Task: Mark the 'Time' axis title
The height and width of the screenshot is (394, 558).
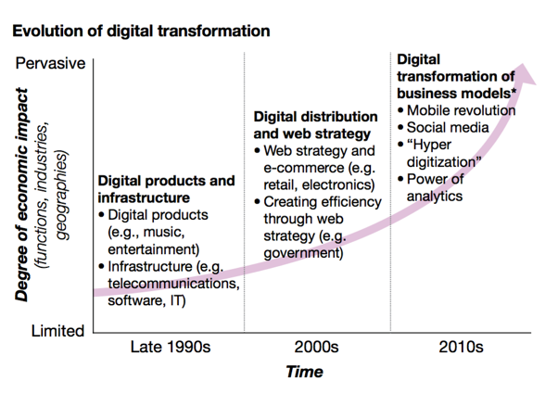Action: (305, 372)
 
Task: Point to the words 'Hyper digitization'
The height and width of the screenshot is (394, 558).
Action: (445, 152)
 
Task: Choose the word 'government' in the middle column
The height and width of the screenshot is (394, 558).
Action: (304, 250)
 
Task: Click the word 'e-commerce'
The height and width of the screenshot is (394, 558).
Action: (298, 167)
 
